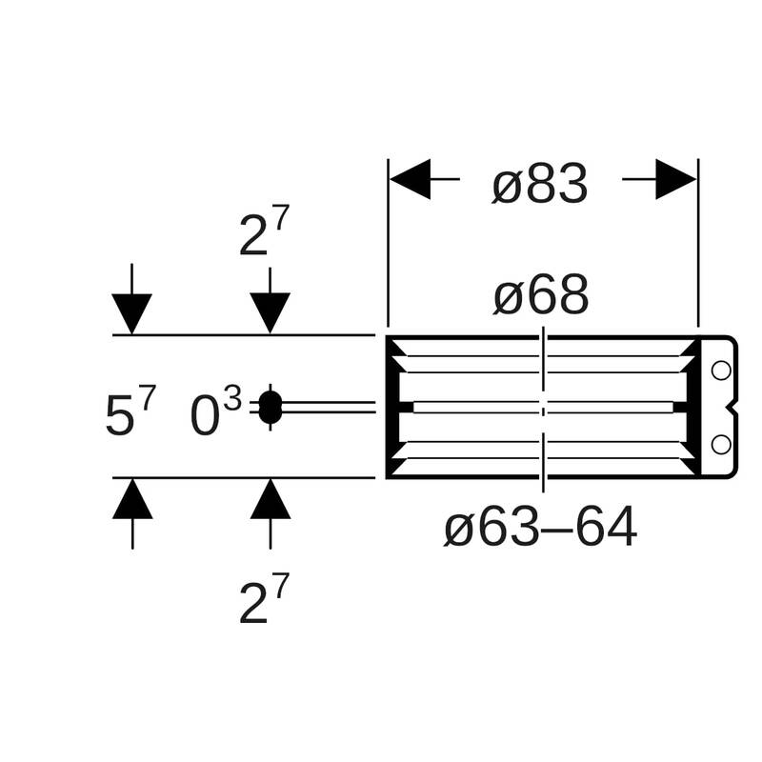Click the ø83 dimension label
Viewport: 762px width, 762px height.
[539, 184]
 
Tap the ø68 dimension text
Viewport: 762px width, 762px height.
[541, 295]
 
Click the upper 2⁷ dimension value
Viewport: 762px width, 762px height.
[265, 231]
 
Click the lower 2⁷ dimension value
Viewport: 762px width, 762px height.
[265, 598]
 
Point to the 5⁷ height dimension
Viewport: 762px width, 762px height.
[131, 410]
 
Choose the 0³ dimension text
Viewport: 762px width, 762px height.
[215, 411]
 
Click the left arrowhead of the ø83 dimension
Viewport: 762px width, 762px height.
[410, 179]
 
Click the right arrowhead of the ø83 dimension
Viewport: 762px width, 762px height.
[675, 179]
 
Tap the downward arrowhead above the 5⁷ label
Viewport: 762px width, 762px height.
[131, 314]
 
